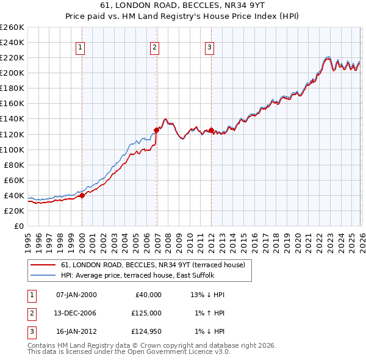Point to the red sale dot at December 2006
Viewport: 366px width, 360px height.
(x=157, y=130)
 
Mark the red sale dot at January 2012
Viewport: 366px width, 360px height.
(x=211, y=130)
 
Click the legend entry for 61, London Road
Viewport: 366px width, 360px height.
(x=152, y=265)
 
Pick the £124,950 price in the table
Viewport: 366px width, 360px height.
(x=146, y=331)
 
